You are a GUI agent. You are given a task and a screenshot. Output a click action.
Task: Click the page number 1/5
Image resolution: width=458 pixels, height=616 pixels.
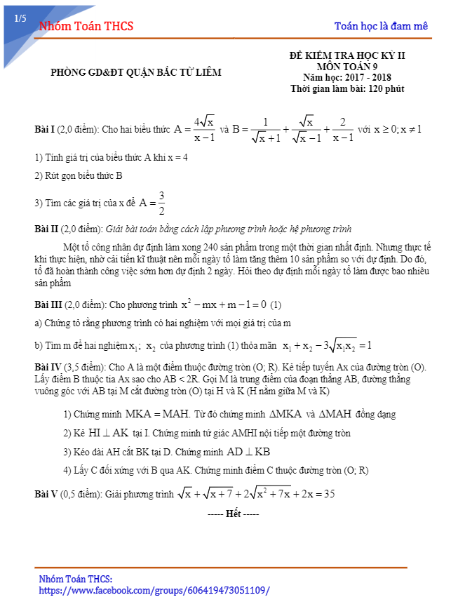pyautogui.click(x=20, y=20)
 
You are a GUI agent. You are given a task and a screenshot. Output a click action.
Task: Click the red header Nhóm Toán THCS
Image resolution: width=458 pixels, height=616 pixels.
pyautogui.click(x=86, y=27)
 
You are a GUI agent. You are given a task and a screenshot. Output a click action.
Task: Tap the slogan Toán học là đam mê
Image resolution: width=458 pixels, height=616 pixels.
pyautogui.click(x=381, y=27)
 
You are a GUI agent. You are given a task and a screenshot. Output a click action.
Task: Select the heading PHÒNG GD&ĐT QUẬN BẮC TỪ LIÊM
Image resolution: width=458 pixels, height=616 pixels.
pyautogui.click(x=136, y=72)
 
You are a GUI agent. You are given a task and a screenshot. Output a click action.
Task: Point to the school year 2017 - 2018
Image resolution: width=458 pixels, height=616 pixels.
pyautogui.click(x=369, y=77)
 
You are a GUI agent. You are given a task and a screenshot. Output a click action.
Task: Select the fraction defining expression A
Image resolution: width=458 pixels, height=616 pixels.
pyautogui.click(x=204, y=129)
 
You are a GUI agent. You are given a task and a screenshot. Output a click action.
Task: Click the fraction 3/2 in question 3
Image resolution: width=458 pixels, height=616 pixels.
pyautogui.click(x=161, y=203)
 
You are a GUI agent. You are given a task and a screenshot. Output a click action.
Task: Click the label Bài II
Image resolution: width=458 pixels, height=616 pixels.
pyautogui.click(x=47, y=229)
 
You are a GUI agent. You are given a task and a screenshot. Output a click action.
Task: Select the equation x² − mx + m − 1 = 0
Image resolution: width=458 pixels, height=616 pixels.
pyautogui.click(x=224, y=304)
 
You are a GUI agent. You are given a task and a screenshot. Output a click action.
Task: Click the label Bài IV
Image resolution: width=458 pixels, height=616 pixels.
pyautogui.click(x=48, y=367)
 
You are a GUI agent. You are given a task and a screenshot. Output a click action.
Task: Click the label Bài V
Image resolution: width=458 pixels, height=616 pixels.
pyautogui.click(x=46, y=494)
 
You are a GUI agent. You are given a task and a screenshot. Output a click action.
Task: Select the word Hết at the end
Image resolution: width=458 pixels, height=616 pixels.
pyautogui.click(x=234, y=514)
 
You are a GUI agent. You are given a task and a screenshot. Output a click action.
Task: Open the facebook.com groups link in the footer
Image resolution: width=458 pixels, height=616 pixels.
pyautogui.click(x=154, y=591)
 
